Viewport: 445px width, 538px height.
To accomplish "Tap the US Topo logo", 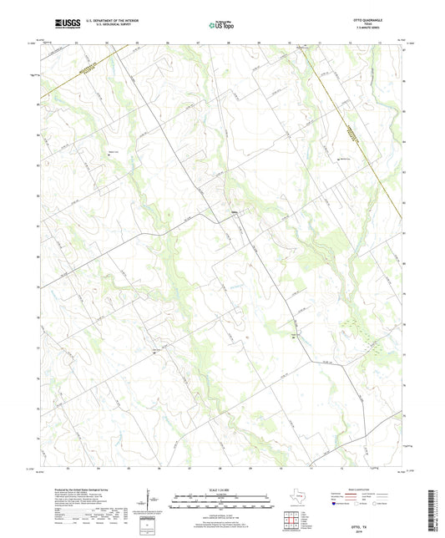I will pyautogui.click(x=221, y=25).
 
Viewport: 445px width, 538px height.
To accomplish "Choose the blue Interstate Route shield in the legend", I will pyautogui.click(x=335, y=505).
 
